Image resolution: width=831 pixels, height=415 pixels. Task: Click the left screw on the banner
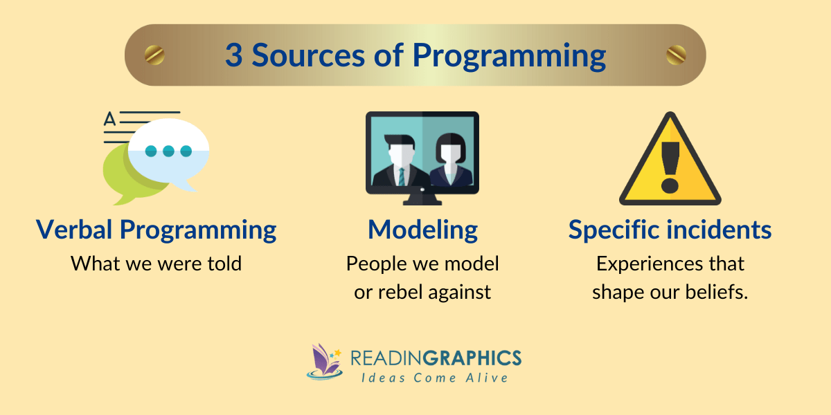point(154,54)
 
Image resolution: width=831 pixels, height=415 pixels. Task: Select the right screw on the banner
point(676,54)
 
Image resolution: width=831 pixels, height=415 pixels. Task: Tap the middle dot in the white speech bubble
point(169,151)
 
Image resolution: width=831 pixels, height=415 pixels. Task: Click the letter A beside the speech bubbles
point(109,120)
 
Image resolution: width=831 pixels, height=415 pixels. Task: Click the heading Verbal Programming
point(156,229)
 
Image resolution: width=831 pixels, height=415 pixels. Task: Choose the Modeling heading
point(422,229)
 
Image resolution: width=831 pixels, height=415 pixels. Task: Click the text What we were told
point(156,264)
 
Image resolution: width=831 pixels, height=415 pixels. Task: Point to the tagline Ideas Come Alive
point(434,378)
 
